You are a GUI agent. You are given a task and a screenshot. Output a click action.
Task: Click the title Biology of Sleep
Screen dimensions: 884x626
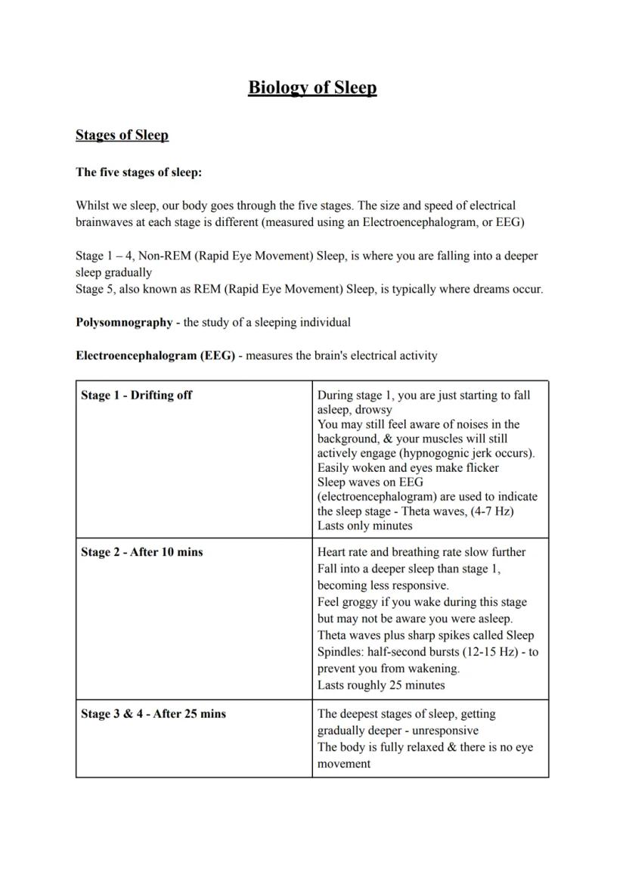[312, 88]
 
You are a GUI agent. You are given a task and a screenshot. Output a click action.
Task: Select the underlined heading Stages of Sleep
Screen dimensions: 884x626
[122, 135]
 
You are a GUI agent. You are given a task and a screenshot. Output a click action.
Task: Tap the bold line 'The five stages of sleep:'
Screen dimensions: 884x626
[138, 172]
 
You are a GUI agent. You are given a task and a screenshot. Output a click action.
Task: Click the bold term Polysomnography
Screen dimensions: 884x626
[124, 322]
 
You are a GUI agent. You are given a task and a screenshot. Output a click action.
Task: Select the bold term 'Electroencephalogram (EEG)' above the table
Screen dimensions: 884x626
[155, 355]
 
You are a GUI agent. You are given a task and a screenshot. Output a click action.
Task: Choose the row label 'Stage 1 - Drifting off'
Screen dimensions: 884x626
[137, 395]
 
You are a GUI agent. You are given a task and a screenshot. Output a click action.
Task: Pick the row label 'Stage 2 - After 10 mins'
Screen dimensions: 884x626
[141, 552]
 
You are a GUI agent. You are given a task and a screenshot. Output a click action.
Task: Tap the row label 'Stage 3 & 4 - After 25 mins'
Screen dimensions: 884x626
[153, 714]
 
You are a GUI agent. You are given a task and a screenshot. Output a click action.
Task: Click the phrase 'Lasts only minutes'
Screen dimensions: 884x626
[364, 526]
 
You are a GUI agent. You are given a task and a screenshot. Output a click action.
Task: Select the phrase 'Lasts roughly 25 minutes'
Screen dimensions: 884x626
[380, 685]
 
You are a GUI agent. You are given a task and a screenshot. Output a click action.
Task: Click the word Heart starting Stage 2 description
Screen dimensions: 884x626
[331, 552]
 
